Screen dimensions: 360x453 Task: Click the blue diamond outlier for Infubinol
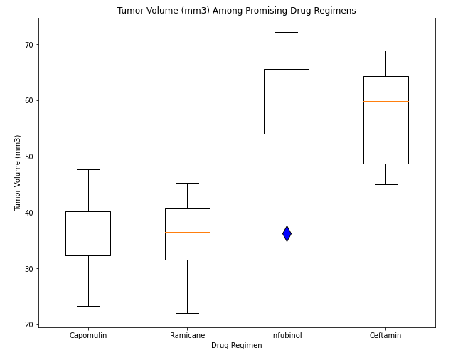[x=287, y=233]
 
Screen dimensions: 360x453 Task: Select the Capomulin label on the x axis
[x=88, y=335]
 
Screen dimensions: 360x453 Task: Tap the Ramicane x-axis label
[x=187, y=335]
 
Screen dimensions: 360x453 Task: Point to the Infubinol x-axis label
[x=287, y=335]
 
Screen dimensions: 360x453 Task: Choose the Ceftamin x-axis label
[x=385, y=335]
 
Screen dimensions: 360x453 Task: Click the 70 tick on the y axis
[x=29, y=45]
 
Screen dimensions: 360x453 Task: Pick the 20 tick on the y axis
[x=29, y=324]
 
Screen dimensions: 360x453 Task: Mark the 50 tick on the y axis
[x=29, y=157]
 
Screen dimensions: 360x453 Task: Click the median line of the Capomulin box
[x=88, y=223]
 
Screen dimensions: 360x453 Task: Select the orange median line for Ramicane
[x=187, y=232]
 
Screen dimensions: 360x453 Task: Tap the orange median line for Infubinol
[x=287, y=100]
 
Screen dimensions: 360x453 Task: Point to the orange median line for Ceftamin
[x=385, y=101]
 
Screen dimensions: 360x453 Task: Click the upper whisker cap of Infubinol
[x=287, y=32]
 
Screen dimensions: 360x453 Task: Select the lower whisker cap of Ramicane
[x=187, y=313]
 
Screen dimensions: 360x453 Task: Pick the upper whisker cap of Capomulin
[x=88, y=169]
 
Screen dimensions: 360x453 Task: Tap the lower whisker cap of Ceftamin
[x=385, y=184]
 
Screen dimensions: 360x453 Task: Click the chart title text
[x=236, y=11]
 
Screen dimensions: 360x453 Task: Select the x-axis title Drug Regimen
[x=236, y=345]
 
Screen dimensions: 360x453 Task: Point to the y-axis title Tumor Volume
[x=18, y=172]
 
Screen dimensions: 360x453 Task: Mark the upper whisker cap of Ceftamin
[x=385, y=51]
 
